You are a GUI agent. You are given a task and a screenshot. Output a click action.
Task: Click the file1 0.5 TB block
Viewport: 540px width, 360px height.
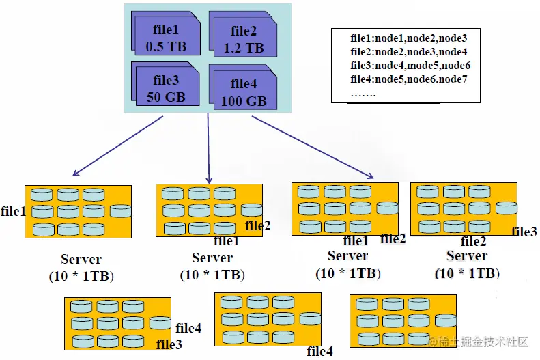pos(166,33)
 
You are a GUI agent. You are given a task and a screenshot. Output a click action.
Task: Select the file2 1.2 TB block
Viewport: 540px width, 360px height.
pos(243,34)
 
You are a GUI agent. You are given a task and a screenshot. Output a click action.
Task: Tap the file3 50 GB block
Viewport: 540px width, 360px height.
pos(166,84)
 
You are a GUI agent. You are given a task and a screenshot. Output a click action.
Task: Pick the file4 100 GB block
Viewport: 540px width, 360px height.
pos(243,87)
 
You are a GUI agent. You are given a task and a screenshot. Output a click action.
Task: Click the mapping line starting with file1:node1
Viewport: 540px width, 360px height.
pos(408,38)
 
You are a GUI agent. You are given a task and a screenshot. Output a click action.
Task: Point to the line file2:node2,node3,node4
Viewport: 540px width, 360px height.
pos(408,52)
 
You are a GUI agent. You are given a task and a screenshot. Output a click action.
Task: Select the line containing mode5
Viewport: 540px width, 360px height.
pos(410,66)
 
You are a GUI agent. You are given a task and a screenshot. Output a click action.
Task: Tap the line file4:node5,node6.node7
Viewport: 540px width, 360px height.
pos(408,79)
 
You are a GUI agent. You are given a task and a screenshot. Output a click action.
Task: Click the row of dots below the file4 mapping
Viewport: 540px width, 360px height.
pos(363,94)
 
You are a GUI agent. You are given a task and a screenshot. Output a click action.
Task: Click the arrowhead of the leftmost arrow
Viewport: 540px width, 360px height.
pos(75,174)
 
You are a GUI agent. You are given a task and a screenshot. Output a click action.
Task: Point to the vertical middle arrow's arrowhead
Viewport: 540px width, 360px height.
pos(209,180)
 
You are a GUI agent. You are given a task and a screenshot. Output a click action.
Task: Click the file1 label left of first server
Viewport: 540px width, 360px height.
pos(13,211)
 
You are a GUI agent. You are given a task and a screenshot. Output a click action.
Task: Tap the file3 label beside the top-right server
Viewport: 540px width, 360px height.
pos(524,232)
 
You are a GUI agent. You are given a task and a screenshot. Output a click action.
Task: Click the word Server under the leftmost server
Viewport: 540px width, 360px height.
pos(81,259)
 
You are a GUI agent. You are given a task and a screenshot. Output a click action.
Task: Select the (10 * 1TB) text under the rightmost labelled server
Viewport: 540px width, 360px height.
pos(467,273)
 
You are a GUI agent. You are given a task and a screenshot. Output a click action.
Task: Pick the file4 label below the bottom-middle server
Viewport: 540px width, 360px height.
pos(319,351)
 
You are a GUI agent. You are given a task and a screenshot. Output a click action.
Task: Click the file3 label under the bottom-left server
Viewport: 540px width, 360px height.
pos(169,344)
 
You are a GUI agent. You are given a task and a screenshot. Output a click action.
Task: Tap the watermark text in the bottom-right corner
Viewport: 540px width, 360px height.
pos(479,342)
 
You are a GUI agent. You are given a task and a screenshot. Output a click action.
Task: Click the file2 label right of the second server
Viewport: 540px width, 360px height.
pos(257,226)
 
